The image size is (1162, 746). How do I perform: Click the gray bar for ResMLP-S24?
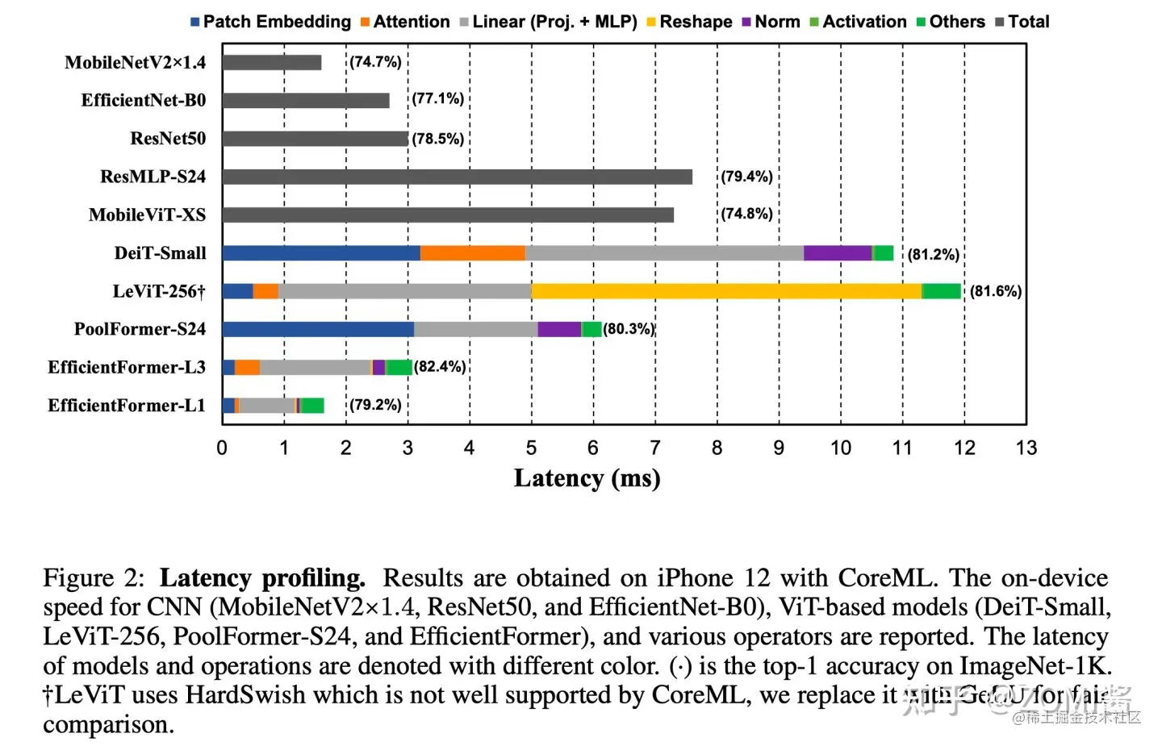pyautogui.click(x=457, y=177)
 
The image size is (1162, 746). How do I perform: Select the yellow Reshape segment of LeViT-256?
pyautogui.click(x=726, y=291)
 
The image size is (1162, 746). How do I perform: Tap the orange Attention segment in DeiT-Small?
pyautogui.click(x=473, y=253)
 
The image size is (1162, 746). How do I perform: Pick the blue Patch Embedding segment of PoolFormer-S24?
pyautogui.click(x=318, y=329)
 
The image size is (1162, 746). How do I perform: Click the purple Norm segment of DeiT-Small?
pyautogui.click(x=838, y=253)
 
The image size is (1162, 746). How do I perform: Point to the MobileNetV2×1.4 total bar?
pyautogui.click(x=272, y=62)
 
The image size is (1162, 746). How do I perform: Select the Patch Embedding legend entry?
pyautogui.click(x=270, y=22)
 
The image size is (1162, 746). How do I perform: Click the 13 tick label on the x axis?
pyautogui.click(x=1026, y=448)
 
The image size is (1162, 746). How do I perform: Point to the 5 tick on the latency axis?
pyautogui.click(x=531, y=448)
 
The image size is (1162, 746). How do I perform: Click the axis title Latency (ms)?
pyautogui.click(x=587, y=478)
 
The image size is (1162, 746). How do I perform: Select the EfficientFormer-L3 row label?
pyautogui.click(x=127, y=368)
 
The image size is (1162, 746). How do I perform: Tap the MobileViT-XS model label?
pyautogui.click(x=147, y=215)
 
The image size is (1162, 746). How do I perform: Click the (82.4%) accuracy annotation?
pyautogui.click(x=440, y=367)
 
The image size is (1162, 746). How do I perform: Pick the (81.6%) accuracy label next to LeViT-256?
pyautogui.click(x=996, y=291)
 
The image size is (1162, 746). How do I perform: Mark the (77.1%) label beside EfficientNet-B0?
pyautogui.click(x=438, y=99)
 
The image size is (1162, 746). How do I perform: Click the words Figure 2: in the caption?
pyautogui.click(x=94, y=578)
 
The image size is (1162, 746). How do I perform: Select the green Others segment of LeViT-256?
pyautogui.click(x=942, y=291)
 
